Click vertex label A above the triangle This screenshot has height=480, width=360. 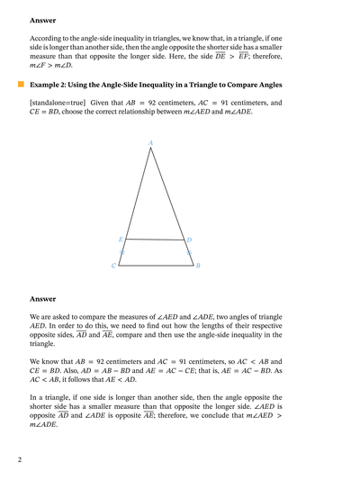point(150,142)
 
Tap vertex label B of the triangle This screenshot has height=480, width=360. point(197,267)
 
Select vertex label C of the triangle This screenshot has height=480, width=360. point(113,267)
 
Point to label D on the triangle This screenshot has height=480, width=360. point(189,240)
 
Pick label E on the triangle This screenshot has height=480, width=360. point(121,239)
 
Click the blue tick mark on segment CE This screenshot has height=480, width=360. point(121,253)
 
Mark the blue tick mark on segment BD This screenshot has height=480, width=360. point(188,253)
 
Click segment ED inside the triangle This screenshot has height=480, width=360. point(154,240)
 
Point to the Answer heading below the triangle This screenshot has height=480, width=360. point(43,298)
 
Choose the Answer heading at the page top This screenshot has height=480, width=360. point(43,18)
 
